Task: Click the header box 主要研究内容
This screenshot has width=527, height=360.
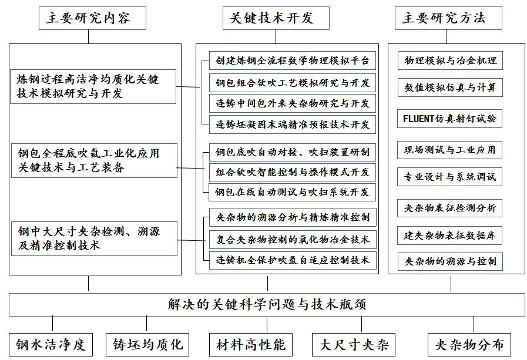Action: [x=88, y=18]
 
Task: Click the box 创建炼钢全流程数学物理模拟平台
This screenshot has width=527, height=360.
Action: [x=292, y=60]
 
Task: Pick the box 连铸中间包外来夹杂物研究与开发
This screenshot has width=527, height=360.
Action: [x=292, y=103]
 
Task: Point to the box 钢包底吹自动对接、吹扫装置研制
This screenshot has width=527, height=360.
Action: [x=292, y=152]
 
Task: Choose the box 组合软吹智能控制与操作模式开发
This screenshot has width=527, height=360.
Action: [x=292, y=172]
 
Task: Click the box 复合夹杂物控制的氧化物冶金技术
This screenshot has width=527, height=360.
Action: [x=292, y=239]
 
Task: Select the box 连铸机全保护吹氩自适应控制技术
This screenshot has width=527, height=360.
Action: [x=292, y=260]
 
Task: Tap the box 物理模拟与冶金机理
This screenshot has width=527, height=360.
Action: [x=450, y=60]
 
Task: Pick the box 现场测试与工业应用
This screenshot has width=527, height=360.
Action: [x=450, y=150]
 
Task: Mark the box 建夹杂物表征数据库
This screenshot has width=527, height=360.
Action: [x=450, y=235]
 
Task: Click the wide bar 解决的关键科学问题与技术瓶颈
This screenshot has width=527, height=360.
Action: [x=267, y=305]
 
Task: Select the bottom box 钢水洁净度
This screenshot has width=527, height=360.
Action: [x=51, y=344]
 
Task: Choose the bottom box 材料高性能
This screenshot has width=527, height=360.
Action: [x=250, y=344]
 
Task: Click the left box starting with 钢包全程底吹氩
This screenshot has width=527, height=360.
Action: [x=92, y=160]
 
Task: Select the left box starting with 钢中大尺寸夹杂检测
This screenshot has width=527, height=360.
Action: [x=92, y=238]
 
